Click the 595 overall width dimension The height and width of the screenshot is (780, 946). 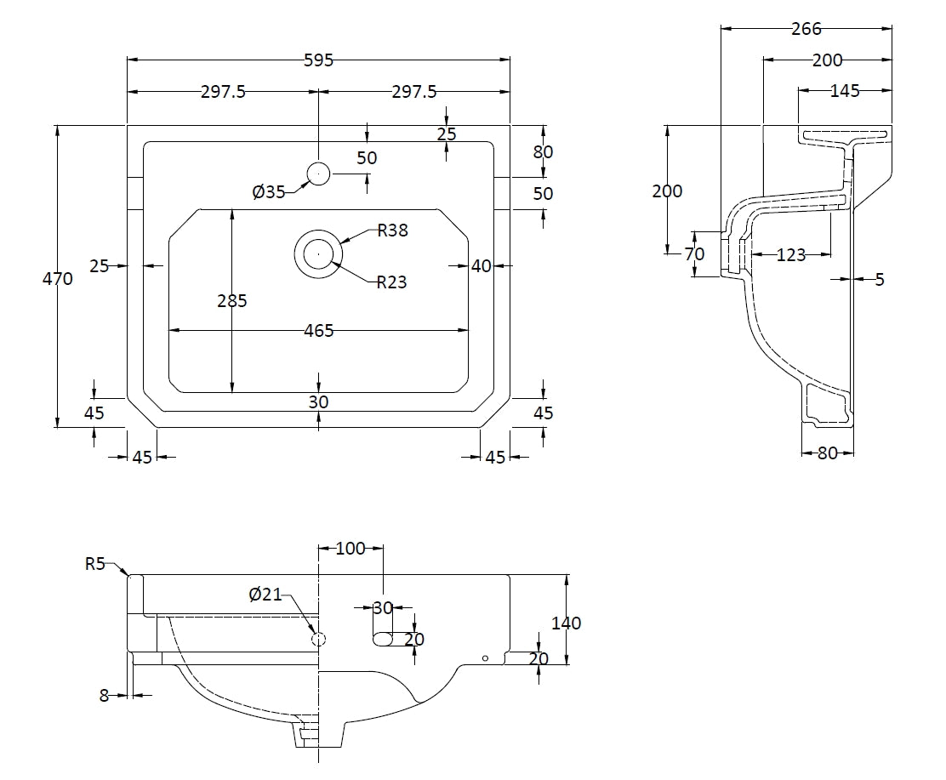[318, 60]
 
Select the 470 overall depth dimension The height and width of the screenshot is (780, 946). [58, 277]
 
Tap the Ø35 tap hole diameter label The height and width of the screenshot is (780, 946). [268, 192]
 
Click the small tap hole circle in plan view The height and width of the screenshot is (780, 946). [318, 174]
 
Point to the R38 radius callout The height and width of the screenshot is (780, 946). [391, 231]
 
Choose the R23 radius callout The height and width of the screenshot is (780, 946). [391, 282]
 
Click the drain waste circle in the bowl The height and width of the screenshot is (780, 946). [318, 253]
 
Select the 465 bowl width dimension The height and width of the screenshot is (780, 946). [318, 330]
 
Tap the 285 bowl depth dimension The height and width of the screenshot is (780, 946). [231, 300]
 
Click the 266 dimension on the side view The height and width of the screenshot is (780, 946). [806, 29]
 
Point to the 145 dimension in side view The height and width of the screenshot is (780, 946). [844, 90]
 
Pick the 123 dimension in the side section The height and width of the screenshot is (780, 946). [790, 254]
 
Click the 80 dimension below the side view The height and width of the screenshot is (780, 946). [827, 453]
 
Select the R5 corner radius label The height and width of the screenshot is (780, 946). [96, 563]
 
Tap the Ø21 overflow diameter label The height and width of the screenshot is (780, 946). [265, 595]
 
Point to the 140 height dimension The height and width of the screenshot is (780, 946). [567, 623]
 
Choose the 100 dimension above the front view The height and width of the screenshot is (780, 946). [350, 549]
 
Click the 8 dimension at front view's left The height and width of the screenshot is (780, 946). [105, 695]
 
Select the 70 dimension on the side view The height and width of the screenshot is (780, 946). [694, 253]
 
